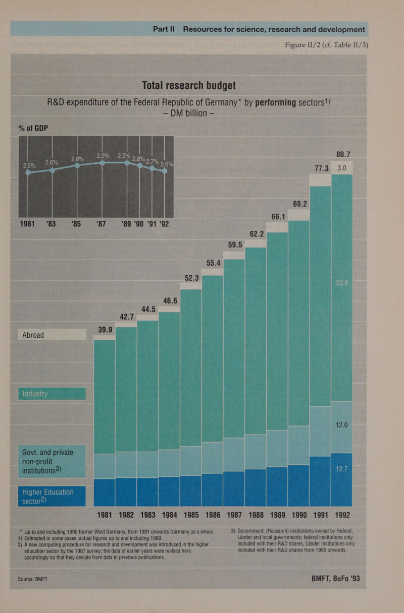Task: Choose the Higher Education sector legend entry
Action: pyautogui.click(x=50, y=496)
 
